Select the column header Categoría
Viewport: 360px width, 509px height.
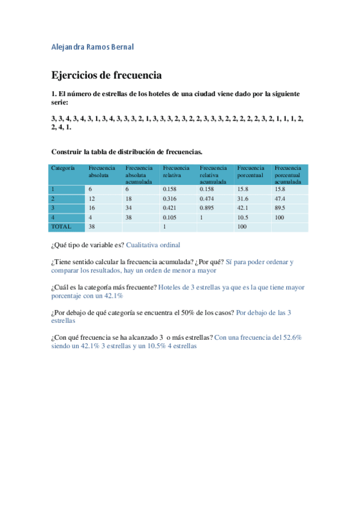pos(63,169)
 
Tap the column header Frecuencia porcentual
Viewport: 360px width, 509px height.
pos(250,172)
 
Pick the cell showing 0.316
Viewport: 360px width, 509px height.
pos(170,199)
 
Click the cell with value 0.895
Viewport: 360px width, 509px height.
pos(208,208)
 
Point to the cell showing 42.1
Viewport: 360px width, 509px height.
pos(243,208)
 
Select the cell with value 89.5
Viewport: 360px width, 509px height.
pos(280,208)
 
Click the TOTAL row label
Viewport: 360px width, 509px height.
pos(61,227)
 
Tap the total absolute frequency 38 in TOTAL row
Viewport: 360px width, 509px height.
pos(92,227)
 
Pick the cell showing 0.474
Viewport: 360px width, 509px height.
pos(208,199)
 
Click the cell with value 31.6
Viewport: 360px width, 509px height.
pos(243,199)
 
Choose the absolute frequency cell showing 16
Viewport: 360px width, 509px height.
pos(92,208)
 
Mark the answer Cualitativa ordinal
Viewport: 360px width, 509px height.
pos(153,245)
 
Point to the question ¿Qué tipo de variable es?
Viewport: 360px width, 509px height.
pos(88,245)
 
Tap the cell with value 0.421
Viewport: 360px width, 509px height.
pos(170,208)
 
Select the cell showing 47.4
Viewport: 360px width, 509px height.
pos(280,199)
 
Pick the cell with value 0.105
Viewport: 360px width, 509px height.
pos(170,217)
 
